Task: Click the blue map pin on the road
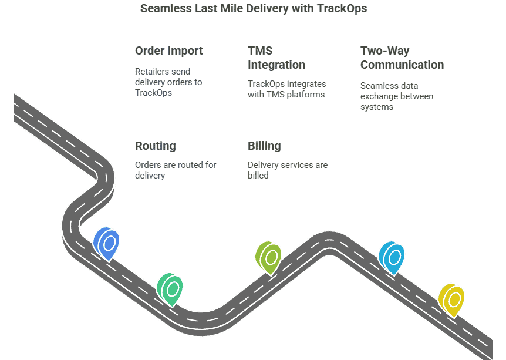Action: click(x=107, y=243)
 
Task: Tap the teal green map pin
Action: click(x=170, y=288)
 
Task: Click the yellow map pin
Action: click(x=452, y=299)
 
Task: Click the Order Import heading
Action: click(x=169, y=51)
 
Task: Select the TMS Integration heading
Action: click(x=276, y=58)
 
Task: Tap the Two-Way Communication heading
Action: click(x=402, y=58)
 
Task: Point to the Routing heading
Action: click(x=156, y=146)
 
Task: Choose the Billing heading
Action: click(x=264, y=146)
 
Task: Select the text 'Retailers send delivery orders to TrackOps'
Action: click(x=168, y=82)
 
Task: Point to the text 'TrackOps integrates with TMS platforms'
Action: click(x=286, y=89)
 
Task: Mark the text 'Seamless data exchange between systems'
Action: click(x=397, y=96)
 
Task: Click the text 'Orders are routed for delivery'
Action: click(x=176, y=170)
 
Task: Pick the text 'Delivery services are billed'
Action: click(x=287, y=170)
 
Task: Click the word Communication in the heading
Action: click(x=402, y=65)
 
